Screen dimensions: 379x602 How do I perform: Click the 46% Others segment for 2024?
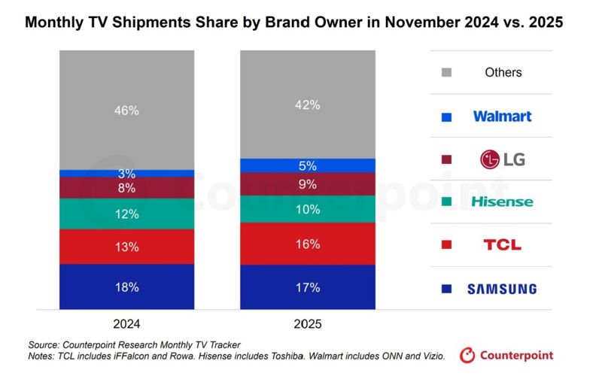(x=126, y=110)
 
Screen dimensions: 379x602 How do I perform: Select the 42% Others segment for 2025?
(x=307, y=105)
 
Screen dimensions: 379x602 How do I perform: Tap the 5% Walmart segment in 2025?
(x=307, y=165)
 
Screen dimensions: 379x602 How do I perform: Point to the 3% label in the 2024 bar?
(x=126, y=174)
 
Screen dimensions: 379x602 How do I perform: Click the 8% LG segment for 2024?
(x=126, y=188)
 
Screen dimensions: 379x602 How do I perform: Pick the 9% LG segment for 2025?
(x=307, y=184)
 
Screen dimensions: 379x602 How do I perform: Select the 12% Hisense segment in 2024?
(x=126, y=214)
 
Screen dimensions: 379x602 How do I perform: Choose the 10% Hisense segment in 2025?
(x=307, y=209)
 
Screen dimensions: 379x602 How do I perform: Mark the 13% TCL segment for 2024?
(x=126, y=246)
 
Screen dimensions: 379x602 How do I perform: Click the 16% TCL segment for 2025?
(x=307, y=244)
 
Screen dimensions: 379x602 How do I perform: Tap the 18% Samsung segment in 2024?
(x=126, y=287)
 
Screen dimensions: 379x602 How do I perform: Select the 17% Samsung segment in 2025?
(x=307, y=287)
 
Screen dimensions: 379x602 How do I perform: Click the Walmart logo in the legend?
(x=502, y=116)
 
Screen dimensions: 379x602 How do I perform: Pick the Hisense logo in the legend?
(x=502, y=202)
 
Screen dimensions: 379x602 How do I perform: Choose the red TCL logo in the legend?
(x=502, y=245)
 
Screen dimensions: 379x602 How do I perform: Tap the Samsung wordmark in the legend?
(x=502, y=289)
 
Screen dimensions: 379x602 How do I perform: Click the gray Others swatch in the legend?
(x=447, y=73)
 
